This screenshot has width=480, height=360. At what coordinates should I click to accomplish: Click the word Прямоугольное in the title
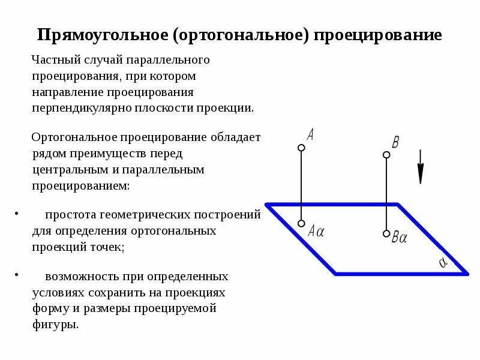pos(102,34)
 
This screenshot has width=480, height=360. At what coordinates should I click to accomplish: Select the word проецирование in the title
pos(377,34)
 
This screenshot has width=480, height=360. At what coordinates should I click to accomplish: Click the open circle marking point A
pos(301,147)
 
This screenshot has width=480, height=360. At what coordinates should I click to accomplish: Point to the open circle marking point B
pos(386,155)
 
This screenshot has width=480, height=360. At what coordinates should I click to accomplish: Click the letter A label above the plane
pos(310,134)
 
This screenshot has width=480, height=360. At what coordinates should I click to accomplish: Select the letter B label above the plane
pos(395,142)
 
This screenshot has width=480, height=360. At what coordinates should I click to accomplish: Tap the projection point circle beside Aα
pos(301,223)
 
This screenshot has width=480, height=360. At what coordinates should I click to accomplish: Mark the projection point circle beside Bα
pos(386,233)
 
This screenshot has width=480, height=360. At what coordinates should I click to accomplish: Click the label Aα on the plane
pos(316,231)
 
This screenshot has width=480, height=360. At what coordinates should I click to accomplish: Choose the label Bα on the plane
pos(400,238)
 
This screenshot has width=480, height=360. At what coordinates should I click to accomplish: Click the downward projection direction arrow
pos(421,166)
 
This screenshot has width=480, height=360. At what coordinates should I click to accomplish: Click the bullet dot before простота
pos(17,214)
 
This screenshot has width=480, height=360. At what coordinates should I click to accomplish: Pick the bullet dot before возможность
pos(17,276)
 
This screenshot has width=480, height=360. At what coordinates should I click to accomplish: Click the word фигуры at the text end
pos(55,325)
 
